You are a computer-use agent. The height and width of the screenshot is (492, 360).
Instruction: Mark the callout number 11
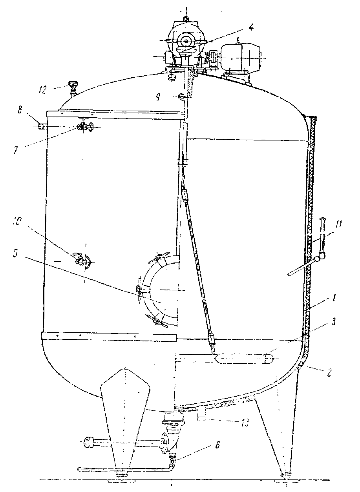(x=338, y=225)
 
